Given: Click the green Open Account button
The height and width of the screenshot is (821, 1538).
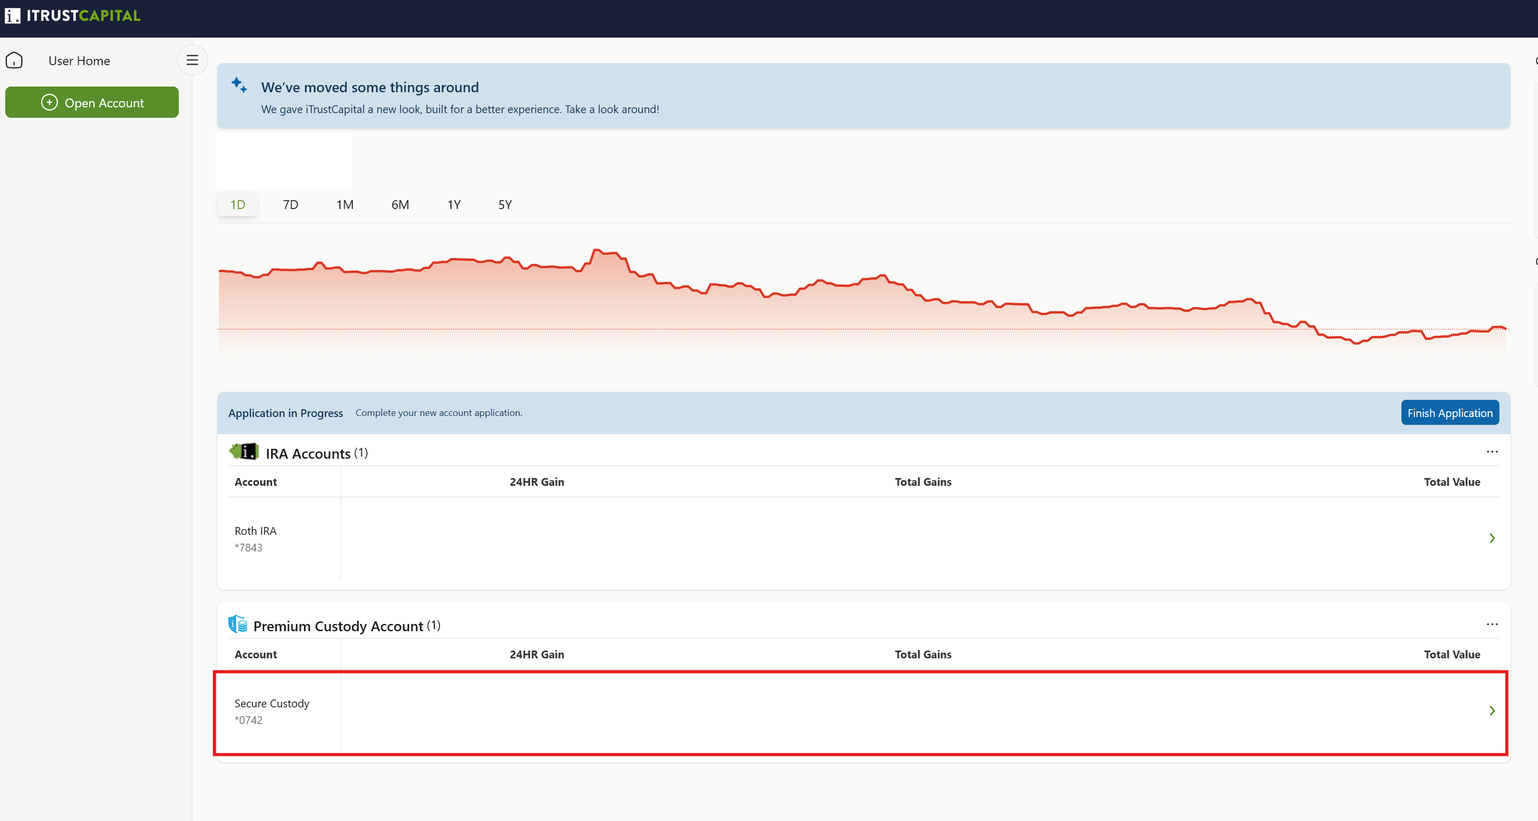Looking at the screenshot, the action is tap(92, 102).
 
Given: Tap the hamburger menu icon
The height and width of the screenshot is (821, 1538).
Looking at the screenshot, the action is tap(192, 60).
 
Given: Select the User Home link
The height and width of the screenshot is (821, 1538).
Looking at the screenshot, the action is tap(79, 61).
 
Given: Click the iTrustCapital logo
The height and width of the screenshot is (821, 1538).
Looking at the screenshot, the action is tap(73, 16).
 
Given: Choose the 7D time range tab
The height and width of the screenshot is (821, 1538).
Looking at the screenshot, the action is tap(291, 205).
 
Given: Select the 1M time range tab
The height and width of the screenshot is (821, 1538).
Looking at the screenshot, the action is tap(345, 205).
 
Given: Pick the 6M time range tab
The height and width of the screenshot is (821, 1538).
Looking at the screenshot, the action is tap(400, 205).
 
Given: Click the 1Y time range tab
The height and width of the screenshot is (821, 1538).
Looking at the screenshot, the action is tap(454, 205).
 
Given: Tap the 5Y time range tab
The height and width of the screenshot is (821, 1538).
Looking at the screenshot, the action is tap(505, 205).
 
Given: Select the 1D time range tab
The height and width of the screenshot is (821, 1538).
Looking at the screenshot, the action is tap(238, 205).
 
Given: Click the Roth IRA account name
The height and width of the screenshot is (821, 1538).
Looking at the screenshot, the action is tap(255, 531).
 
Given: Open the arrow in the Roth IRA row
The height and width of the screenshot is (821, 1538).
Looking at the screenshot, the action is tap(1492, 538).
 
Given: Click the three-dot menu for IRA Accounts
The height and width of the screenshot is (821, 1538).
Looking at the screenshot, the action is tap(1492, 451).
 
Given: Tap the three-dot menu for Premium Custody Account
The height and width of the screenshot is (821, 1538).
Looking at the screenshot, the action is tap(1492, 624).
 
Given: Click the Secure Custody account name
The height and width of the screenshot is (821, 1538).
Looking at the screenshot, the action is tap(272, 703).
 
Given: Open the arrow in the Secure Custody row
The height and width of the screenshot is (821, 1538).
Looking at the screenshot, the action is tap(1492, 710).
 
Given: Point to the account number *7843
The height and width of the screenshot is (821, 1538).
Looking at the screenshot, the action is tap(248, 547).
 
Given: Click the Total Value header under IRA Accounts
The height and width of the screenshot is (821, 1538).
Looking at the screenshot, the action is tap(1452, 482).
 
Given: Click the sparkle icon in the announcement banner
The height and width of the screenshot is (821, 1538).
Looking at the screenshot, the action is tap(239, 85).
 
